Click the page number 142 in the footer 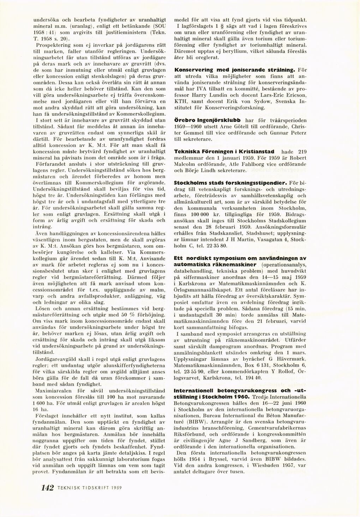(47, 488)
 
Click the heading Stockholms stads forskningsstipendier (231, 183)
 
